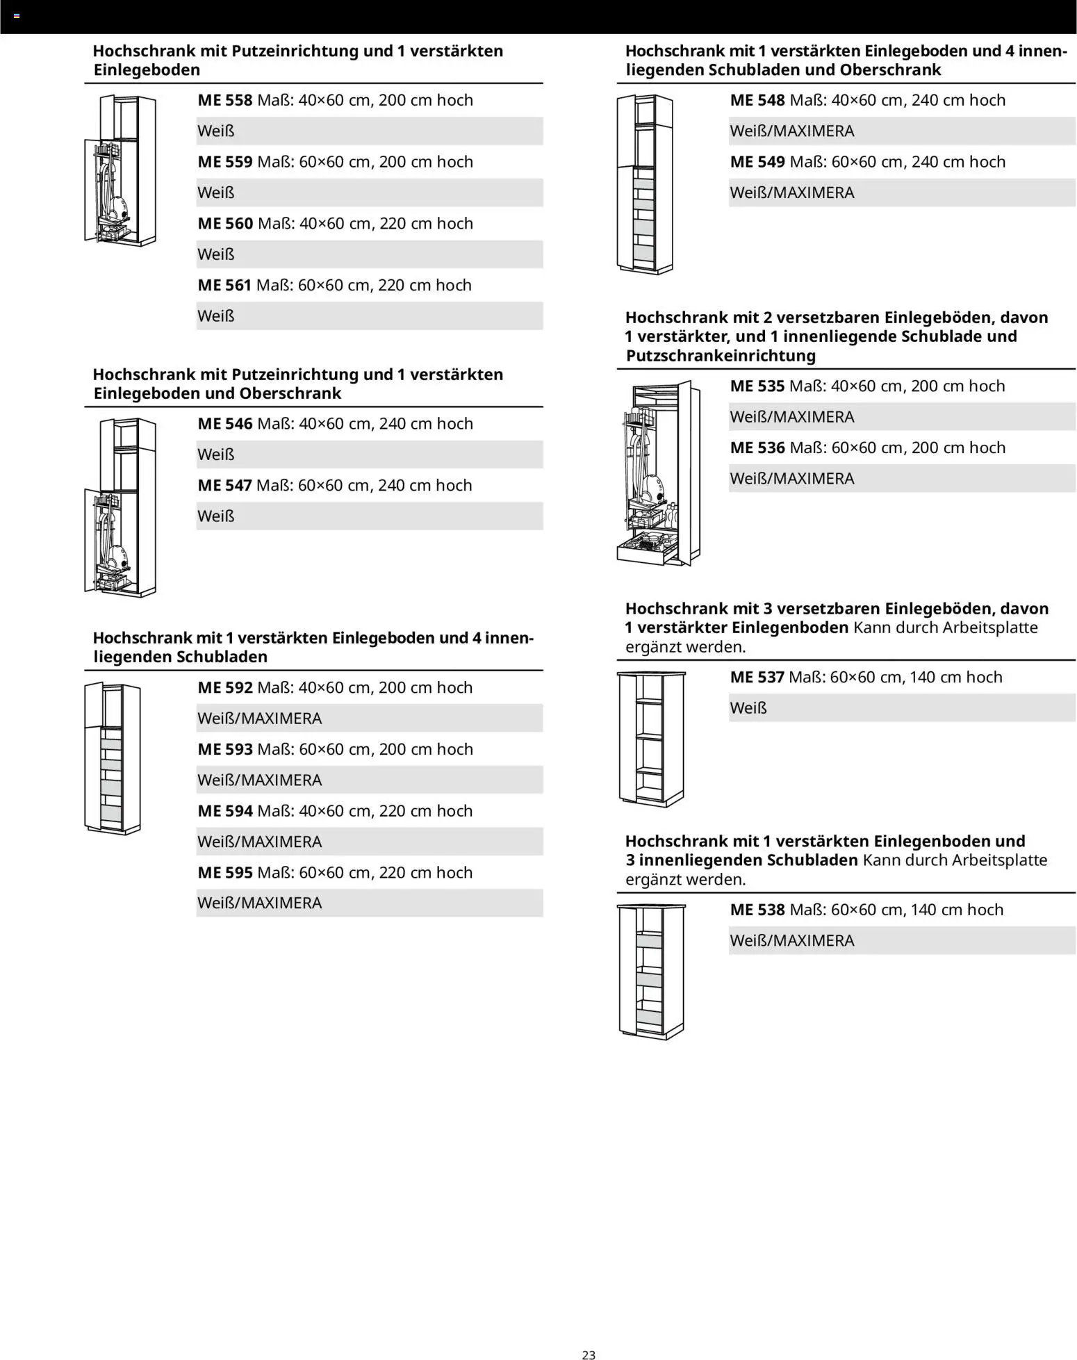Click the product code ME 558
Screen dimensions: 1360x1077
click(225, 100)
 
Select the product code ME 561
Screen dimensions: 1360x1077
click(224, 285)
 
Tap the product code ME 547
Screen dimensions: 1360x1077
click(224, 485)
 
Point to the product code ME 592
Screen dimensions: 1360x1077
click(225, 687)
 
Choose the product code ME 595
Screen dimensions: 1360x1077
click(225, 872)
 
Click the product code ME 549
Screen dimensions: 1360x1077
click(757, 162)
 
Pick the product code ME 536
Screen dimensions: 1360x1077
click(757, 448)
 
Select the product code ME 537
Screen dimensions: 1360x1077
click(757, 677)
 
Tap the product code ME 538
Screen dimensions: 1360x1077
click(757, 910)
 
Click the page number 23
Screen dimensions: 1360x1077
click(589, 1354)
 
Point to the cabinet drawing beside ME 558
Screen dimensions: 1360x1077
click(120, 170)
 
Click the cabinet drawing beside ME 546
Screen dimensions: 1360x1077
click(120, 507)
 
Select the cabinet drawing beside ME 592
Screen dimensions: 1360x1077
click(113, 758)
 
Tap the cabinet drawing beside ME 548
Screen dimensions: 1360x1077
click(645, 184)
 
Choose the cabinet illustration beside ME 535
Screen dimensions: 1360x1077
click(658, 473)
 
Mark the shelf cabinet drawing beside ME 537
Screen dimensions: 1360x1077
click(651, 739)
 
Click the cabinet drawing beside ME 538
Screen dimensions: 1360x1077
click(651, 970)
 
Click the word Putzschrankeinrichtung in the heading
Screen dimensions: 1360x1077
click(721, 356)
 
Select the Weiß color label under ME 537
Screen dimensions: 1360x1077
click(748, 708)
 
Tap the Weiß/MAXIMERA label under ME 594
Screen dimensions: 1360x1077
click(260, 842)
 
